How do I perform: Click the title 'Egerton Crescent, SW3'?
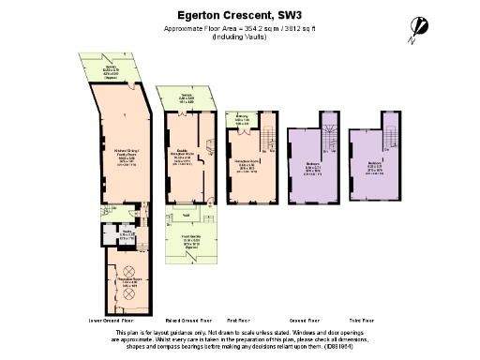point(239,15)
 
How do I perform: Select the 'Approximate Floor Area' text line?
point(239,29)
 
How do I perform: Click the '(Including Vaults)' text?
point(239,37)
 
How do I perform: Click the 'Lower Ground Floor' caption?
point(113,319)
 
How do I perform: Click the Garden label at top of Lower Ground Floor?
point(112,68)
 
